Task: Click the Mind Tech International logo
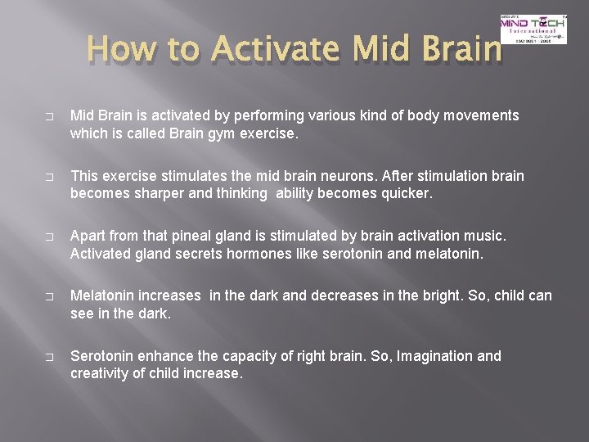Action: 533,29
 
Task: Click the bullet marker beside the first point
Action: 48,116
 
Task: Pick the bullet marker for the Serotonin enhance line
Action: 48,357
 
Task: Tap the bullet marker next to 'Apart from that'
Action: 48,237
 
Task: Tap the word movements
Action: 479,115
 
